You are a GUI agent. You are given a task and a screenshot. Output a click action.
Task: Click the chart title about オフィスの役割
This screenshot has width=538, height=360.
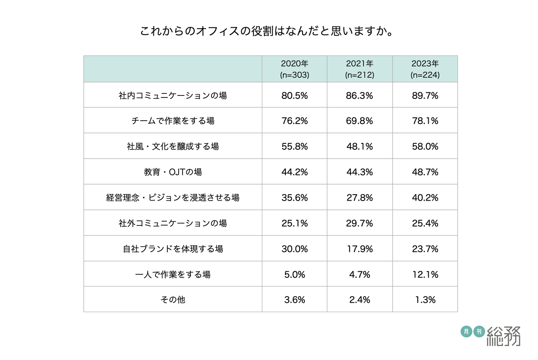click(x=269, y=32)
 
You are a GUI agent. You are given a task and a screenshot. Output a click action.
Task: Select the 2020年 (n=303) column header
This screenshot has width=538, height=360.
click(x=295, y=69)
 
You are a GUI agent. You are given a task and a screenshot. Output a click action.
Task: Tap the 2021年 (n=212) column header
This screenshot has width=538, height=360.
click(x=360, y=69)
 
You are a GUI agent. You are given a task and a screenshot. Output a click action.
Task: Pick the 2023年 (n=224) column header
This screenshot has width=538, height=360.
click(x=425, y=69)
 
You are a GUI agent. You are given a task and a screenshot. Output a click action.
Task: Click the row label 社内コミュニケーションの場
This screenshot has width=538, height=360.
click(x=173, y=95)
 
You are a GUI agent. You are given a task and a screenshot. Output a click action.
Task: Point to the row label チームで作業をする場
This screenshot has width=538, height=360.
click(x=173, y=121)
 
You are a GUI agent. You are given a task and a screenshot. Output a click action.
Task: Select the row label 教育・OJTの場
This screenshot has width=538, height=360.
click(x=173, y=172)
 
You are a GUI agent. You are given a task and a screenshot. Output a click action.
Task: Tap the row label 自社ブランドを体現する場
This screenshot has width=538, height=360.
click(x=173, y=249)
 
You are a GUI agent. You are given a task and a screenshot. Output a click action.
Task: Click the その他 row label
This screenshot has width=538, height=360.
click(x=173, y=300)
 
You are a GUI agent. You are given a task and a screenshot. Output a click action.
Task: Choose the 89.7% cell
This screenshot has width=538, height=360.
click(x=425, y=95)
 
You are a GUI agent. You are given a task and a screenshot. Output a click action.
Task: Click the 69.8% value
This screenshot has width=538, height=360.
click(x=360, y=121)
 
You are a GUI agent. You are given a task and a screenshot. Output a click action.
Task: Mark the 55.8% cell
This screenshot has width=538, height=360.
click(x=295, y=146)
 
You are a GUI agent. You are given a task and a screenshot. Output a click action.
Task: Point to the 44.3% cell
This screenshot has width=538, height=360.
click(x=360, y=172)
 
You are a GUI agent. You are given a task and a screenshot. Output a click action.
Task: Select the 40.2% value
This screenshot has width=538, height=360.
click(x=425, y=198)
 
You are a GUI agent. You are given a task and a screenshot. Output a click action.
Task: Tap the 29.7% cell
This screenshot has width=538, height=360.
click(x=360, y=223)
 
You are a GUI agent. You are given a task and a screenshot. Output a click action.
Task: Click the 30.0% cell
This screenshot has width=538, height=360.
click(x=295, y=249)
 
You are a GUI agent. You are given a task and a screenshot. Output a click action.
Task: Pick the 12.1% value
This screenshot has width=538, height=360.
click(x=425, y=275)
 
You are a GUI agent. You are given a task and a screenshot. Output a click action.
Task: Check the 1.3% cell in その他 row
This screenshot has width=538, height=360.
click(x=425, y=300)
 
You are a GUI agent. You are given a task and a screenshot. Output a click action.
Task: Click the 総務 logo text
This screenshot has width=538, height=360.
click(x=504, y=336)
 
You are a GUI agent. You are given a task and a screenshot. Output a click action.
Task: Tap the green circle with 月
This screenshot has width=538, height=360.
click(x=466, y=331)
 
